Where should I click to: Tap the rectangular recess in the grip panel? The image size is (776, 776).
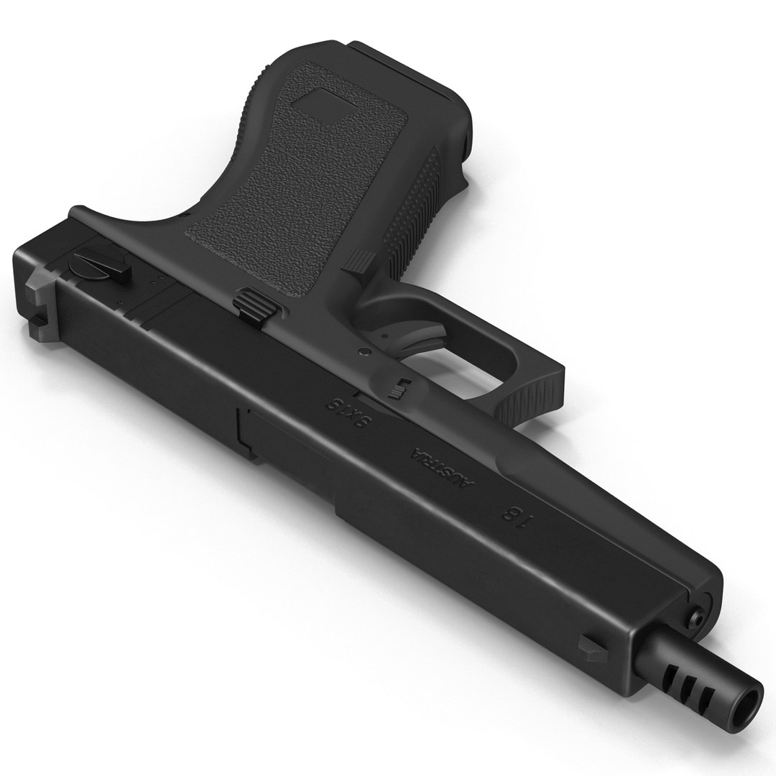click(x=323, y=108)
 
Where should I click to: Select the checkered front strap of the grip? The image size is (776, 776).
click(x=417, y=201)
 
